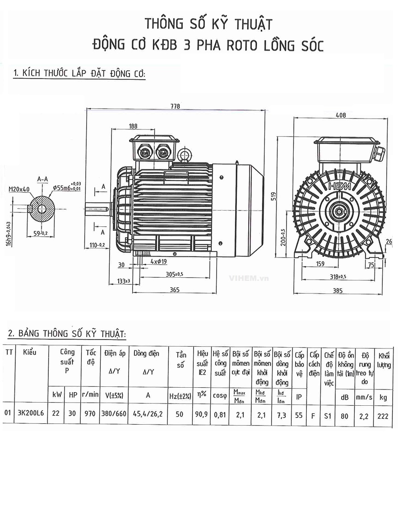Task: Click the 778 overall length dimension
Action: (x=175, y=106)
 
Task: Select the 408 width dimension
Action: (x=341, y=115)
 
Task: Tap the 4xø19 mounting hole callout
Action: (x=158, y=262)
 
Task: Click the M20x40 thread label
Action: (x=19, y=189)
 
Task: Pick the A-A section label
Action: (x=43, y=179)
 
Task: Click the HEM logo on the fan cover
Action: (x=339, y=186)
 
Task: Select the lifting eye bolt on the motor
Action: (x=184, y=155)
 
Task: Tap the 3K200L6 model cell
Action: (x=31, y=414)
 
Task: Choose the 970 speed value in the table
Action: (x=90, y=414)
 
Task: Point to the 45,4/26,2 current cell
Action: (x=148, y=414)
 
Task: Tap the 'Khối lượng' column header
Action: (x=384, y=360)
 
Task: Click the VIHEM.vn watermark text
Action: (x=248, y=279)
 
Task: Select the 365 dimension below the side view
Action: (x=175, y=290)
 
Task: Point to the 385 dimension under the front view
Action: (x=338, y=291)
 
